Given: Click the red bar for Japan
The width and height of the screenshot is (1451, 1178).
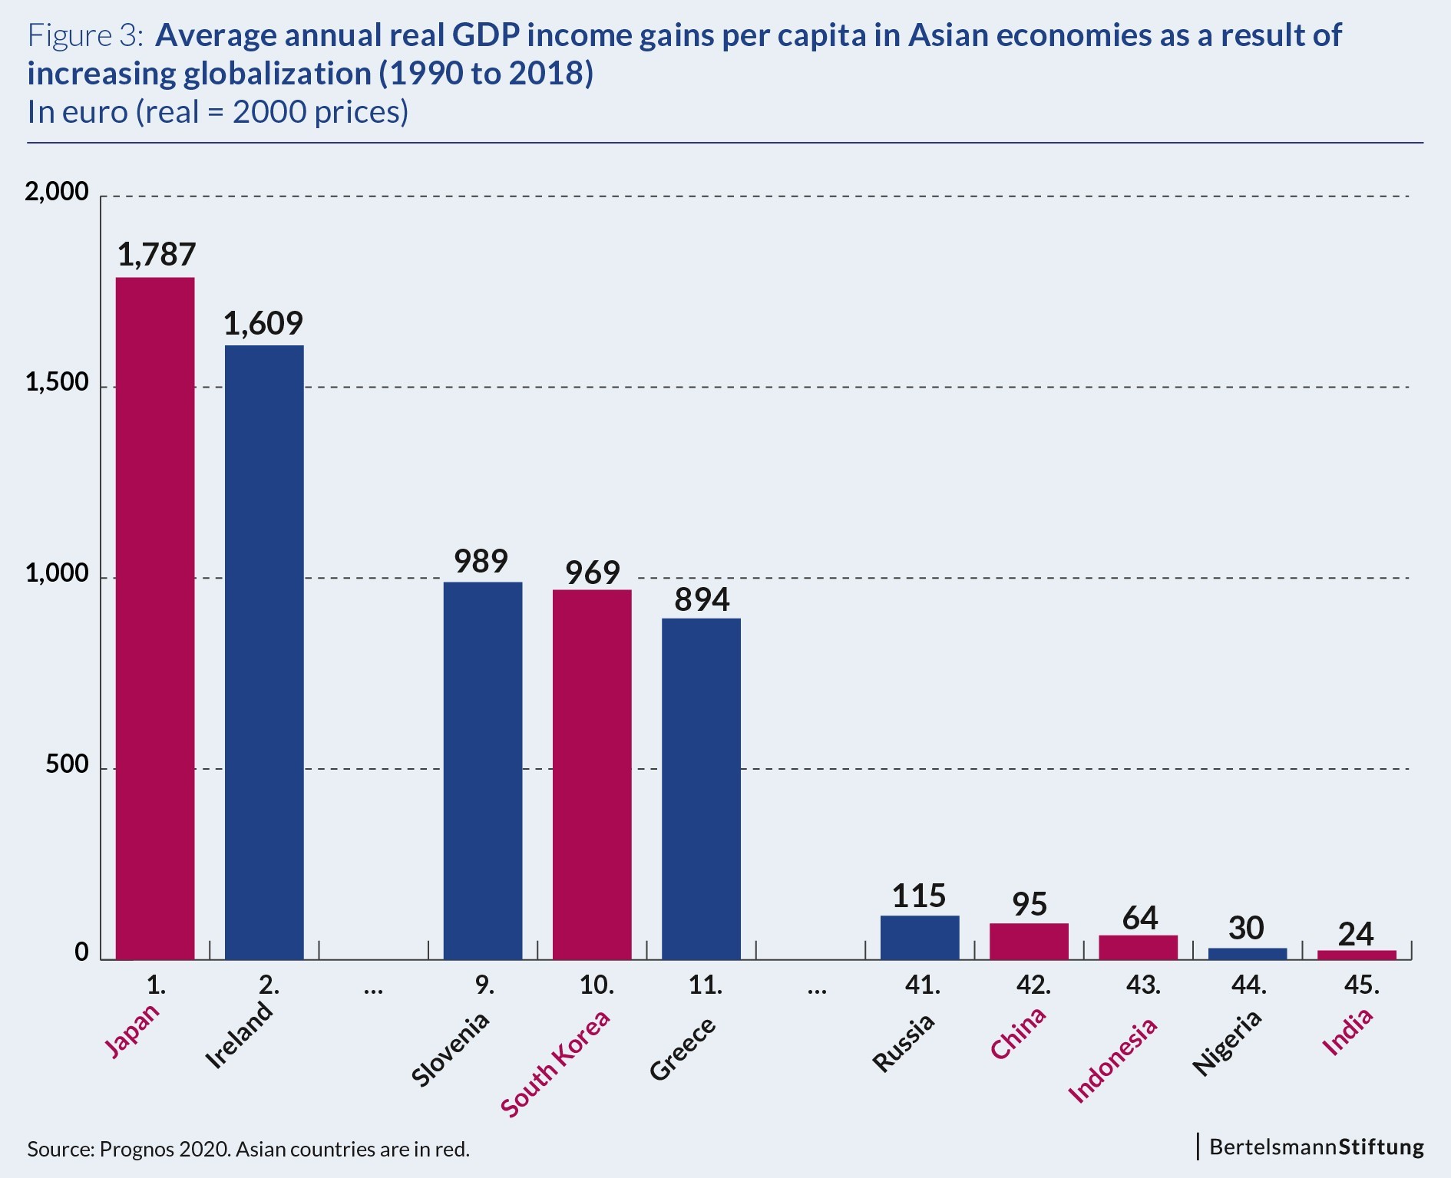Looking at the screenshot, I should click(155, 618).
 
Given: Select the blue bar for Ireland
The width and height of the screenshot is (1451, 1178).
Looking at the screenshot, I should click(264, 652).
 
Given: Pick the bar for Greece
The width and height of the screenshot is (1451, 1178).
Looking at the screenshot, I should click(701, 788).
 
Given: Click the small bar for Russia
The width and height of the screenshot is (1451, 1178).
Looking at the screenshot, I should click(920, 937).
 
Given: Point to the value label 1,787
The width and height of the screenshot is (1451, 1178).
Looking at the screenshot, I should click(157, 255).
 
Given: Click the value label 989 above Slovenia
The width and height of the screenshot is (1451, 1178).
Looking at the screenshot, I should click(481, 561).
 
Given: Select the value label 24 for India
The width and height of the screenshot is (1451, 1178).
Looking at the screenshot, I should click(1356, 933).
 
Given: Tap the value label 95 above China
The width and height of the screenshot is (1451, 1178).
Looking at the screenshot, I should click(1030, 904).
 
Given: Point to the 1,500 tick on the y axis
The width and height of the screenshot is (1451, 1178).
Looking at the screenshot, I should click(58, 382).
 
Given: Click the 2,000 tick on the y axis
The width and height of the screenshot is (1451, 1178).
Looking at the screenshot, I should click(58, 191).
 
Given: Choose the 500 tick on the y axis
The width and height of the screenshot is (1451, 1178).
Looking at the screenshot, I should click(67, 764).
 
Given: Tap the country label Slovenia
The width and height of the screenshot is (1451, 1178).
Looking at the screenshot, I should click(451, 1049).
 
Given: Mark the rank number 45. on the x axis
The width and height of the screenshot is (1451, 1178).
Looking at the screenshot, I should click(1361, 985).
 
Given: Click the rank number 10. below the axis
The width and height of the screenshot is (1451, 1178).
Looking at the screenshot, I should click(597, 985).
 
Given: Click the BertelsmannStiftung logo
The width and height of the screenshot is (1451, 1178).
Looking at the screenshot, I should click(1316, 1147).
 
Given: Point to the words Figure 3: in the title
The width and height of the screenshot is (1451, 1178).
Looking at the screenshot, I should click(84, 35).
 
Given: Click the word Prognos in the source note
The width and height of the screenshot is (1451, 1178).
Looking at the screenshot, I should click(136, 1149).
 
